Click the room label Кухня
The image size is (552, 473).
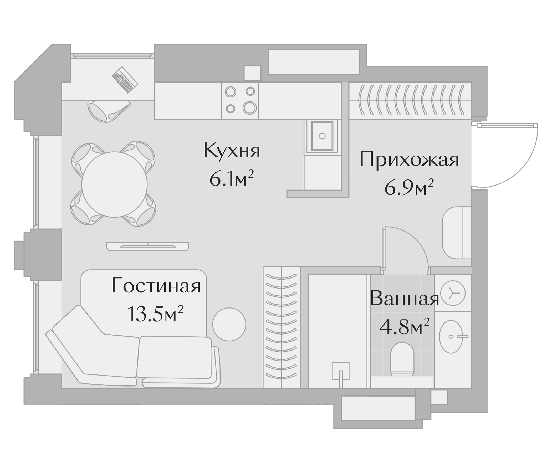[232, 151]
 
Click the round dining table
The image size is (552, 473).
[114, 184]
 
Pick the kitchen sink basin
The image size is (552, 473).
[322, 136]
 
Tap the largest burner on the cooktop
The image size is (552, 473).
[250, 108]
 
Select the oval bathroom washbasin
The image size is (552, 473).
[451, 337]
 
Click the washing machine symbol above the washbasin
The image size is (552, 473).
[453, 293]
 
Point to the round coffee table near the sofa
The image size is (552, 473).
[229, 324]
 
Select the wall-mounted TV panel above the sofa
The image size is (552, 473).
[147, 246]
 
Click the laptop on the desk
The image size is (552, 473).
[125, 80]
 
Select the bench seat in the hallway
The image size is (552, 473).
[457, 233]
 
